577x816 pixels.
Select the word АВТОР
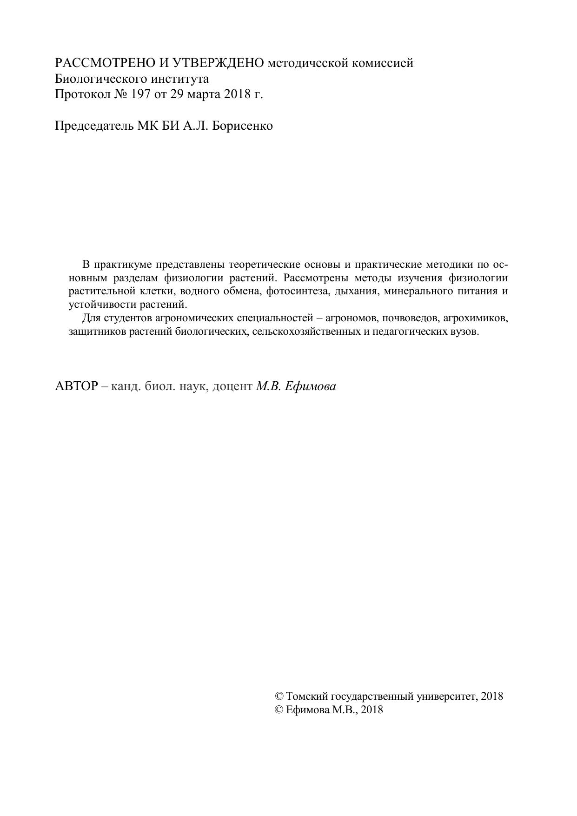(x=76, y=386)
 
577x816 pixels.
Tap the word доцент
(x=232, y=386)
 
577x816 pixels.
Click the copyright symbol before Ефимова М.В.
(x=279, y=710)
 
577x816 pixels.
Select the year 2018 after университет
(x=492, y=696)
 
